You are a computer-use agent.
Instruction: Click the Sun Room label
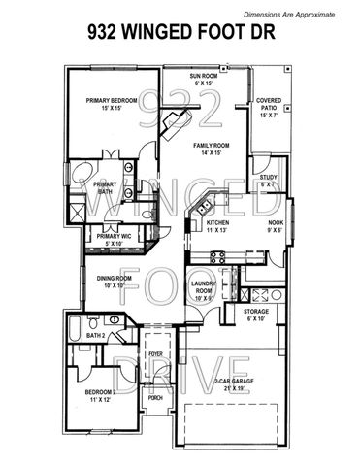point(204,79)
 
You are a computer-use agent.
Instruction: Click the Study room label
point(269,181)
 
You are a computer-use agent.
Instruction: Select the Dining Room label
point(116,282)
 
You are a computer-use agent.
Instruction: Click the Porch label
point(155,396)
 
